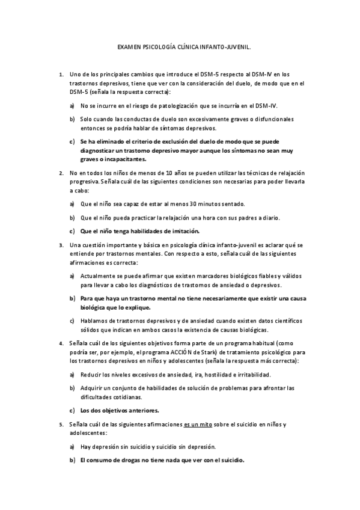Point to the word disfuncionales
coord(273,119)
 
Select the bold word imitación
coord(181,231)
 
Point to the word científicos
coord(268,320)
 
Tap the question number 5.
coord(61,425)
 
